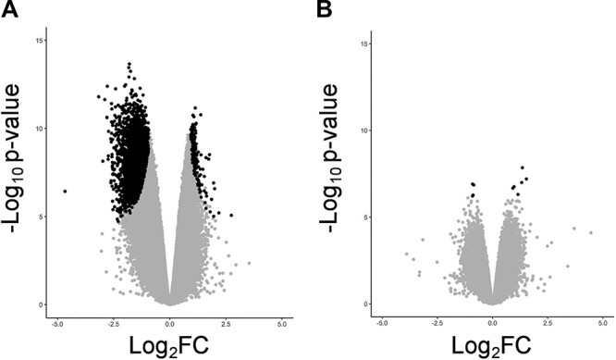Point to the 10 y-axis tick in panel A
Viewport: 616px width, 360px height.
pyautogui.click(x=37, y=129)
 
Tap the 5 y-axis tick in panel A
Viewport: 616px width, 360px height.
pyautogui.click(x=39, y=217)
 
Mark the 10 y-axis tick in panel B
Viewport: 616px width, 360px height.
pyautogui.click(x=362, y=130)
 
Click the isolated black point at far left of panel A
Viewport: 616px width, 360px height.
pyautogui.click(x=65, y=191)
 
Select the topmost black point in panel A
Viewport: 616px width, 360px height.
pyautogui.click(x=129, y=64)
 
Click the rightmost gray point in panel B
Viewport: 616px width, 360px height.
pyautogui.click(x=592, y=233)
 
